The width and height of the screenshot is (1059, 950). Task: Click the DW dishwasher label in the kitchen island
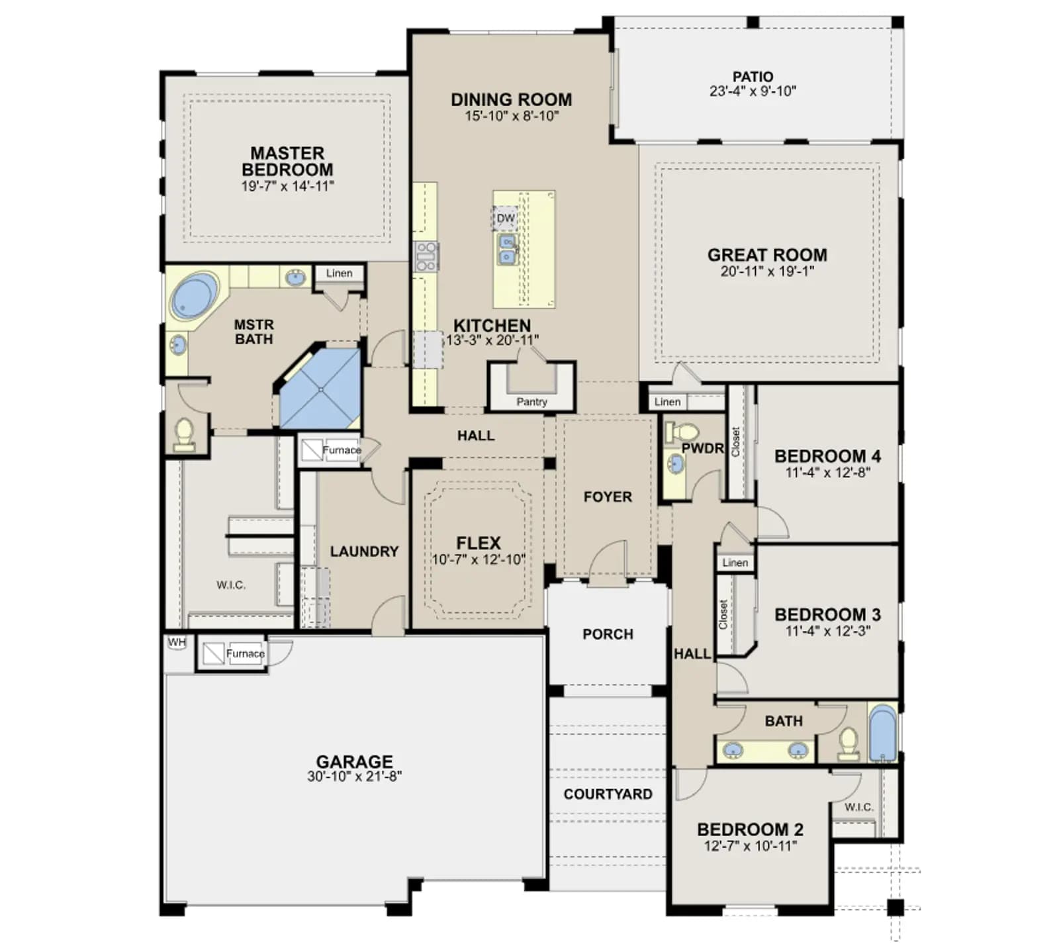click(505, 218)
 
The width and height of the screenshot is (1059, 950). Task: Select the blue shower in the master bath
click(321, 389)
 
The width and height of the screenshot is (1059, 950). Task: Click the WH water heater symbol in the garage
click(177, 643)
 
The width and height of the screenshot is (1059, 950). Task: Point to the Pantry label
click(531, 402)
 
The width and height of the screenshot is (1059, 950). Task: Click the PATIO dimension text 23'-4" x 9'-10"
click(753, 91)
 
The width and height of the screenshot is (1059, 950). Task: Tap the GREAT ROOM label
click(767, 255)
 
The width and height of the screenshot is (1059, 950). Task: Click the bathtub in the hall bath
click(882, 734)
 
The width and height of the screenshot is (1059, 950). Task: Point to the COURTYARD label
click(608, 794)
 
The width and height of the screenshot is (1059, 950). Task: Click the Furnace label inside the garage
click(245, 653)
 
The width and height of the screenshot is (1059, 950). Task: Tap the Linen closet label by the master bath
click(339, 273)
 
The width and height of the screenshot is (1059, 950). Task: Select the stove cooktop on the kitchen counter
click(426, 257)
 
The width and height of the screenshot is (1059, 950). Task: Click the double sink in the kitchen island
click(508, 249)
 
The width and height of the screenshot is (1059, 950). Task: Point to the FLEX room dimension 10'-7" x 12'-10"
click(478, 559)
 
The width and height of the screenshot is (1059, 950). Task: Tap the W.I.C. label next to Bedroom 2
click(858, 807)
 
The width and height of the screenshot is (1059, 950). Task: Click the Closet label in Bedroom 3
click(723, 614)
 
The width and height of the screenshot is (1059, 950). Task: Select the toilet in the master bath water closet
click(184, 434)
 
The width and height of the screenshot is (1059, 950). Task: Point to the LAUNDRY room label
click(364, 551)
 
